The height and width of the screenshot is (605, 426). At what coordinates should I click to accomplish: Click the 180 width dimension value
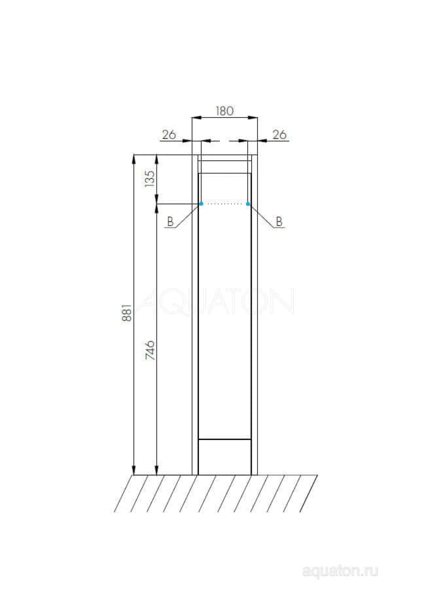click(224, 111)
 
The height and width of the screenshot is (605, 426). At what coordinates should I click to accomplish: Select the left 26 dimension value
click(169, 135)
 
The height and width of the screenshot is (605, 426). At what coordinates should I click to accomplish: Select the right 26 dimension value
click(280, 135)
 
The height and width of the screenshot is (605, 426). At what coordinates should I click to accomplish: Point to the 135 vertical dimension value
click(149, 179)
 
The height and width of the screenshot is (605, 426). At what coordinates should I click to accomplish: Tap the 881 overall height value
click(127, 312)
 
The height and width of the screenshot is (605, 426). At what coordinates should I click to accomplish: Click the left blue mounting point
click(202, 204)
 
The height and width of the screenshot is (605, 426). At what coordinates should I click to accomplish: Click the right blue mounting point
click(248, 204)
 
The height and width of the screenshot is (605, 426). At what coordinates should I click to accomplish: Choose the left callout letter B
click(170, 221)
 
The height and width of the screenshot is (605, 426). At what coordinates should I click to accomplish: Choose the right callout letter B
click(279, 221)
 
